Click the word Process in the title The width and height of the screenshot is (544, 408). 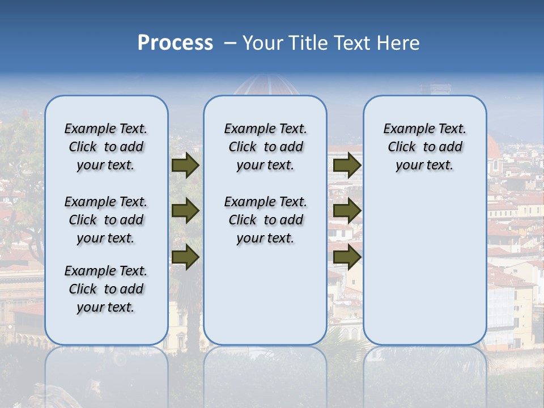[175, 43]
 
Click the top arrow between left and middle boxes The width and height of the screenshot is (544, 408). [185, 165]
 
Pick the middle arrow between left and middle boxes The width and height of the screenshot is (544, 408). [185, 211]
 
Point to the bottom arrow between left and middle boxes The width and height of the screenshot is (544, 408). [185, 257]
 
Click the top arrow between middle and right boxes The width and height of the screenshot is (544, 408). [347, 165]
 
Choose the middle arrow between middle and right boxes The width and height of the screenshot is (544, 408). [347, 211]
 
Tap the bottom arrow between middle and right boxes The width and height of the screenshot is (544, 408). [347, 257]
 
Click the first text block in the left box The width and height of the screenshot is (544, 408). [106, 147]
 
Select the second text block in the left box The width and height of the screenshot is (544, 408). [106, 220]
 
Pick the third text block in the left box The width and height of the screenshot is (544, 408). [106, 289]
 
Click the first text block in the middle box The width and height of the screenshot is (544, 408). [265, 147]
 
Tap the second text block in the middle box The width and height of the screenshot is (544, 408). [265, 220]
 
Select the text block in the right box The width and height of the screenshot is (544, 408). [425, 147]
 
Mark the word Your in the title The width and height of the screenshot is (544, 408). [262, 43]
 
